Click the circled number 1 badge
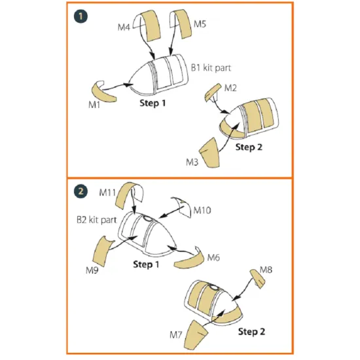[x=81, y=16]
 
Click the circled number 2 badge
[x=81, y=191]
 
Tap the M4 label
[x=124, y=27]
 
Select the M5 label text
[x=200, y=24]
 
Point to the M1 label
[x=94, y=105]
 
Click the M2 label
[x=230, y=88]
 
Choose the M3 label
[x=192, y=162]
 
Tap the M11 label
[x=107, y=192]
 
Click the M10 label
[x=202, y=210]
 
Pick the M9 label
[x=92, y=270]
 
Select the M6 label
[x=213, y=257]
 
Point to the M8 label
[x=266, y=270]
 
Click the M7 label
[x=175, y=334]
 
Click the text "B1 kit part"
[x=211, y=68]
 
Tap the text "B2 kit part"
[x=97, y=220]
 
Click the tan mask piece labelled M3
[x=209, y=153]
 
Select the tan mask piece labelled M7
[x=195, y=335]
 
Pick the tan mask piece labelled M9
[x=102, y=251]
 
